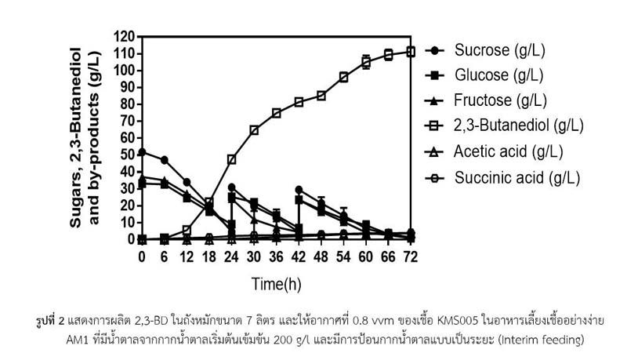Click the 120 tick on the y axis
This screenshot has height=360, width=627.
[x=124, y=36]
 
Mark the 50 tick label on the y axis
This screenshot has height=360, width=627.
[x=127, y=155]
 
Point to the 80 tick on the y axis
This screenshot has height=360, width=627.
[x=127, y=104]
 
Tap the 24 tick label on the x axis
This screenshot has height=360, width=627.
[x=232, y=257]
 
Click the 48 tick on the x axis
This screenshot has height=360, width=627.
[x=321, y=257]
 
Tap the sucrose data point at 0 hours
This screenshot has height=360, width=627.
[x=142, y=152]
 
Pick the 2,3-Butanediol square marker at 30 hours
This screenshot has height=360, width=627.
[x=254, y=130]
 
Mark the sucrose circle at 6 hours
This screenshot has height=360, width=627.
[x=165, y=160]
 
